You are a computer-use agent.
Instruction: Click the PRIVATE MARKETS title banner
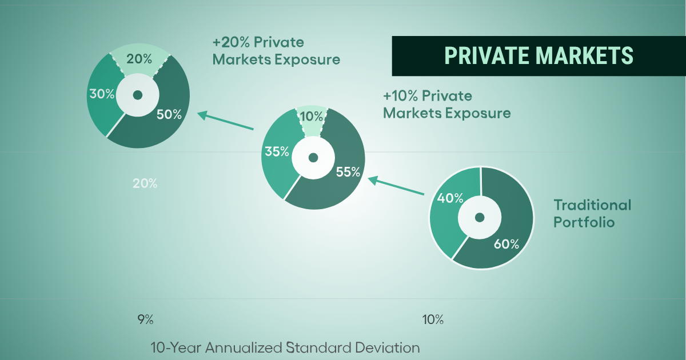tap(539, 56)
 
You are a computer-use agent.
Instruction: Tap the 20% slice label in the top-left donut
tap(139, 59)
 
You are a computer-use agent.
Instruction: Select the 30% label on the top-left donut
tap(102, 94)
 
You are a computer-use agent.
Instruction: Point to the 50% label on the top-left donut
tap(169, 114)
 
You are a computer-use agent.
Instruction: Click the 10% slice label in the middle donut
tap(312, 117)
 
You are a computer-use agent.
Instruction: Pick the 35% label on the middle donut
tap(277, 151)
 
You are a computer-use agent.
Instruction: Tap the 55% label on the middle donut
tap(348, 172)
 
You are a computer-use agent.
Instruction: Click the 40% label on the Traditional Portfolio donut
tap(450, 198)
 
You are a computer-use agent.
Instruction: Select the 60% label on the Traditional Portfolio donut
tap(506, 244)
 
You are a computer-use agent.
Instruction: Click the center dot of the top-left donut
tap(138, 95)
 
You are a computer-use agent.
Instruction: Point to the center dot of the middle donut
tap(313, 158)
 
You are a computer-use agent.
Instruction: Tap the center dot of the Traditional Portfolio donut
tap(480, 218)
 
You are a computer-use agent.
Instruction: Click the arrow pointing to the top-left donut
tap(225, 121)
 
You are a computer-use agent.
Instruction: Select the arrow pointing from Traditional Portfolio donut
tap(396, 186)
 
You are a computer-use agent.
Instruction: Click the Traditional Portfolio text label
tap(592, 213)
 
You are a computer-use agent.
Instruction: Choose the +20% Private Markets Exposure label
tap(276, 51)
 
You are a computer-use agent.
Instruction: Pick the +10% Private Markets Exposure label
tap(447, 105)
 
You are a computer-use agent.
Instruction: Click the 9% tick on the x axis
tap(145, 319)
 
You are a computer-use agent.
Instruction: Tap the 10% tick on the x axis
tap(433, 319)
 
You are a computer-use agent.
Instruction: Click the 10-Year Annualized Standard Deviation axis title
tap(285, 348)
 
